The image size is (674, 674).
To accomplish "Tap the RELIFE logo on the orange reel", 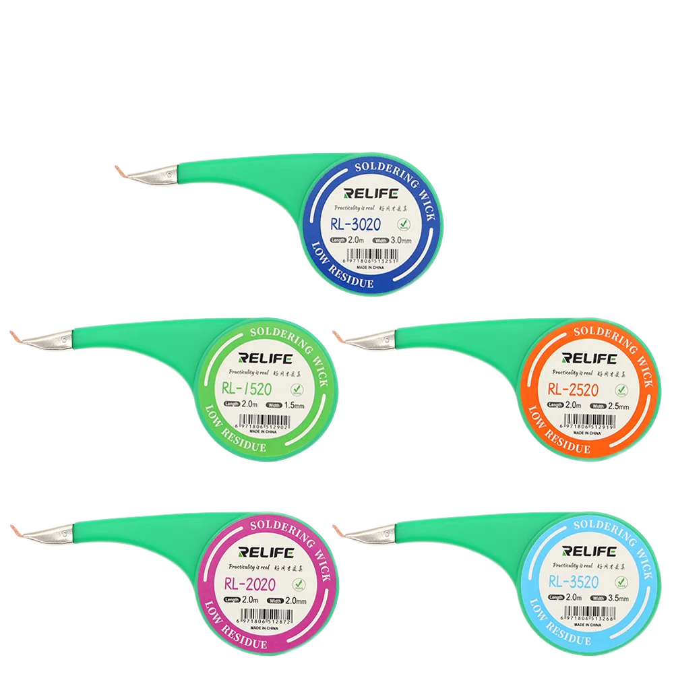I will pyautogui.click(x=588, y=358).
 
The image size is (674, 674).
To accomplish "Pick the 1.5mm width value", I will pyautogui.click(x=295, y=406).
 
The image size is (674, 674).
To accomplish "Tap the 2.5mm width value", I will pyautogui.click(x=617, y=406).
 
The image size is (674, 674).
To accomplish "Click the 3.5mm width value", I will pyautogui.click(x=617, y=599).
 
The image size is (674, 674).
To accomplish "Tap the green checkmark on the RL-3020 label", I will pyautogui.click(x=403, y=224).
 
